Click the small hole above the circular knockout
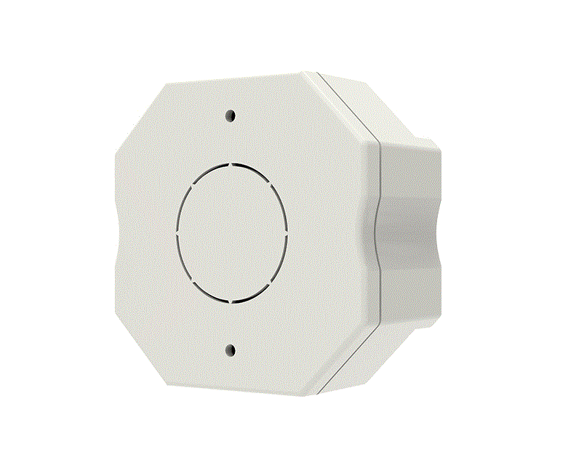click(x=231, y=115)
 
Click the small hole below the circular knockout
click(x=231, y=350)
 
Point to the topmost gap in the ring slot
click(x=231, y=163)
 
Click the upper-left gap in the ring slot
click(x=191, y=186)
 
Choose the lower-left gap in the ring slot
click(x=193, y=280)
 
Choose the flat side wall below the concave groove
click(x=407, y=298)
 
